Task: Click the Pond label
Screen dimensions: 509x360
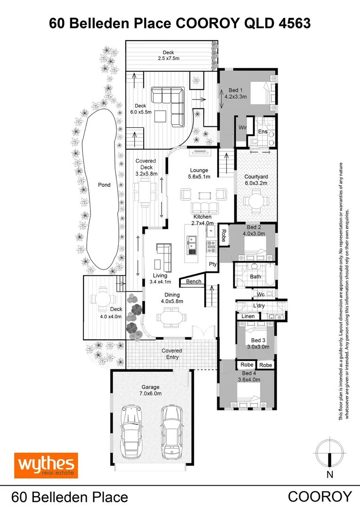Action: [x=104, y=185]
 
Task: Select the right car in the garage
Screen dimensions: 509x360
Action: [x=170, y=431]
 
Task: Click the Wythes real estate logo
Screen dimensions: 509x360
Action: [x=46, y=466]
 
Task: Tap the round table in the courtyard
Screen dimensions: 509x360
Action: [x=256, y=201]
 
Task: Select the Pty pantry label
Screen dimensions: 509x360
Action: [x=213, y=264]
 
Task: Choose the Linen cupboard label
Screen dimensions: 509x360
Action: [x=248, y=316]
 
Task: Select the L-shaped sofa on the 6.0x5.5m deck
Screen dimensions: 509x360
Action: [x=174, y=106]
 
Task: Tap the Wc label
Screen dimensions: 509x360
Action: [x=260, y=295]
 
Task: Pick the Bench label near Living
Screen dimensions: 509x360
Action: [x=194, y=281]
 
